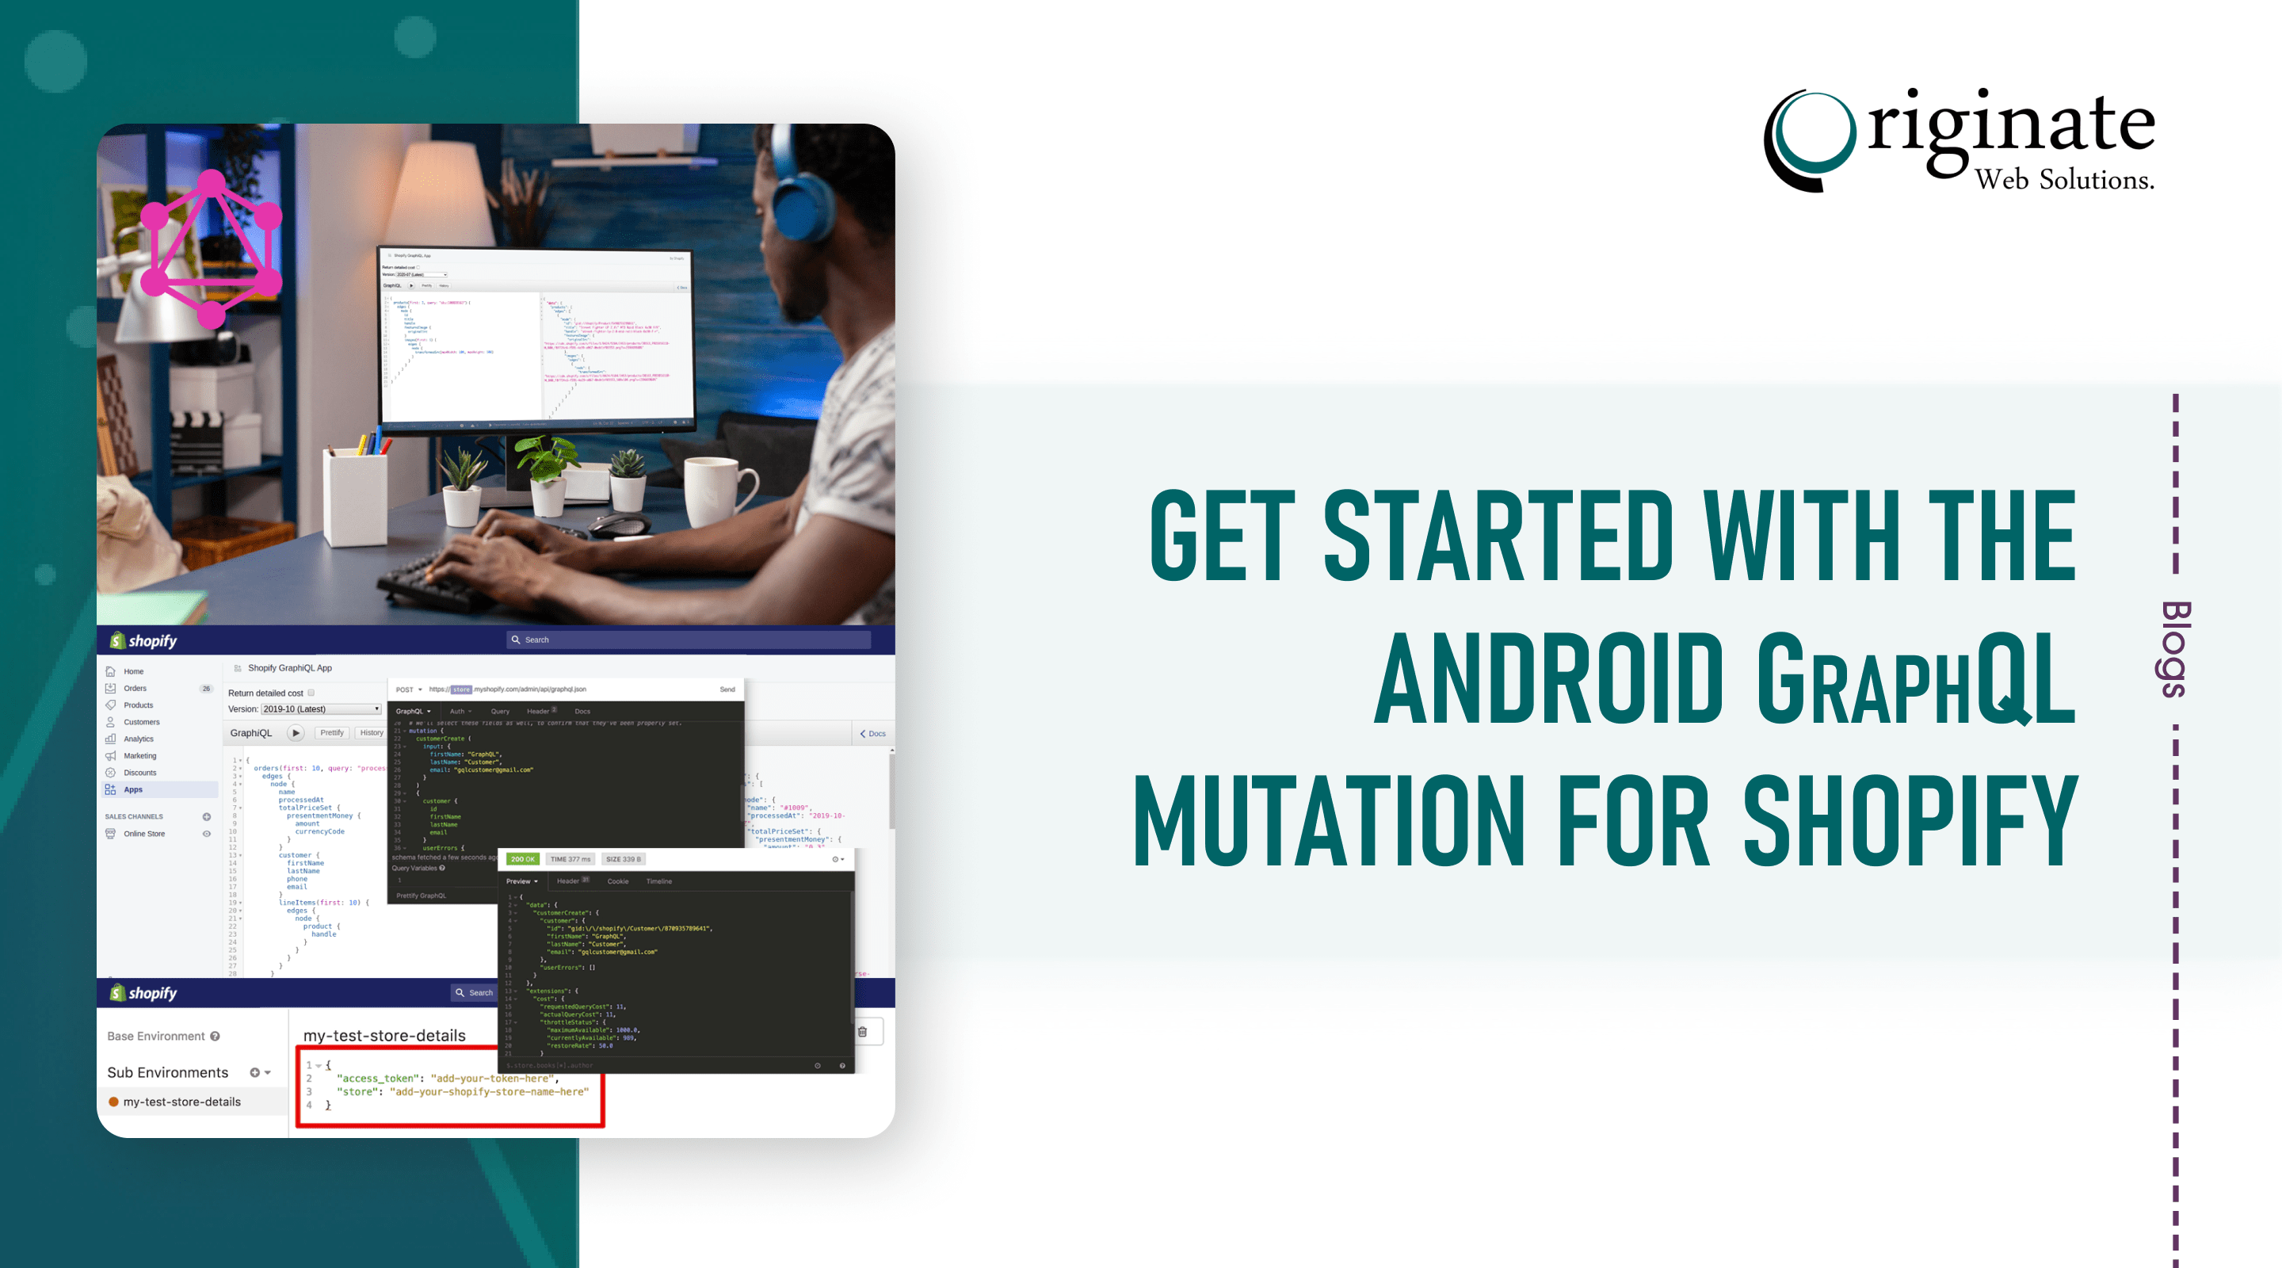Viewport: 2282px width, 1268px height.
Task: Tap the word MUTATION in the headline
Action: point(1328,819)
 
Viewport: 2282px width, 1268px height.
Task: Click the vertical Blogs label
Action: point(2176,650)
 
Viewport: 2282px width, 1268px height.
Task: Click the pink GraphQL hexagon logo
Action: point(211,248)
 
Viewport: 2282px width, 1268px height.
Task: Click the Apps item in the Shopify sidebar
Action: point(133,789)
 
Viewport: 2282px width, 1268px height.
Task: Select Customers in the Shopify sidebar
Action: point(142,722)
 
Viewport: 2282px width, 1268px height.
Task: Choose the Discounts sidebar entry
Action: point(140,773)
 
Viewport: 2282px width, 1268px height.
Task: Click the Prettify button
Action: point(332,733)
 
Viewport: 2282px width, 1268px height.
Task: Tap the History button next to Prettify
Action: point(371,733)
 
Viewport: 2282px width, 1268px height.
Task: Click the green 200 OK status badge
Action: point(523,858)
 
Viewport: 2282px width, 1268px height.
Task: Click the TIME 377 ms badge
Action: point(570,858)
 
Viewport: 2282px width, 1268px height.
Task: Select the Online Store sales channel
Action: point(144,834)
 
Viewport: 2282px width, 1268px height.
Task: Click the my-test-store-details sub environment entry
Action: point(181,1102)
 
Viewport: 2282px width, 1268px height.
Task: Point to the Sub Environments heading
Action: point(167,1072)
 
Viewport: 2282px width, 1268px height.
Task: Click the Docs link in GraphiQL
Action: point(873,734)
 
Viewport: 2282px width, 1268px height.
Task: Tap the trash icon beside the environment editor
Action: point(863,1031)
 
